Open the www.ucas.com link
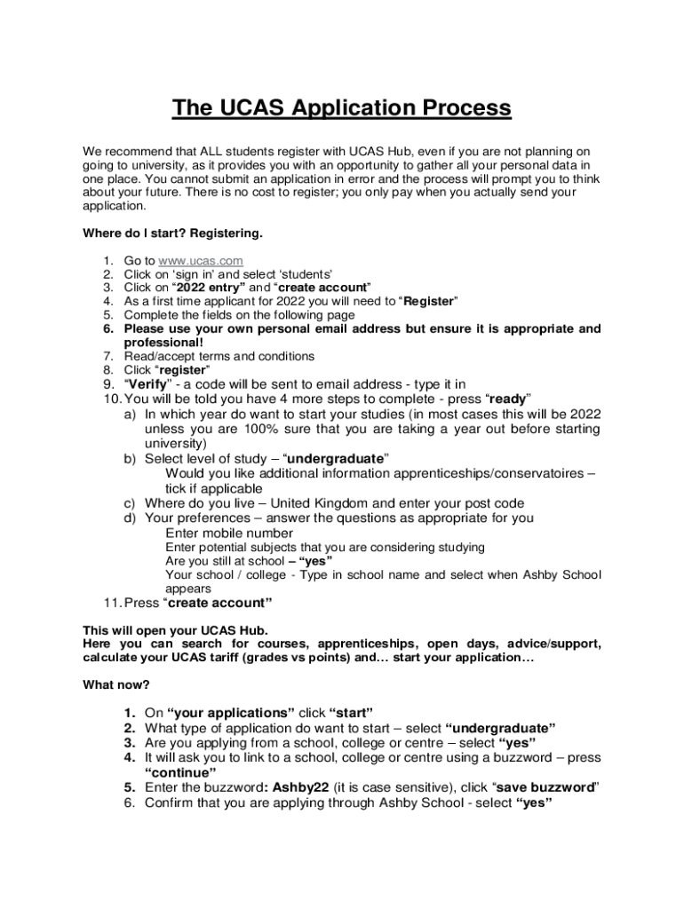[x=201, y=261]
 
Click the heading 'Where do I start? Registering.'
[x=172, y=233]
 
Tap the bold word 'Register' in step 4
[x=430, y=301]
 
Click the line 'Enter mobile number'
[x=229, y=533]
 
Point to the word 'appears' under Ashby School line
[x=188, y=588]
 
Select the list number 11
[x=110, y=603]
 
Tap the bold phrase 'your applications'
[x=230, y=713]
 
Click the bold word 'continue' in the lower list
[x=180, y=772]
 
